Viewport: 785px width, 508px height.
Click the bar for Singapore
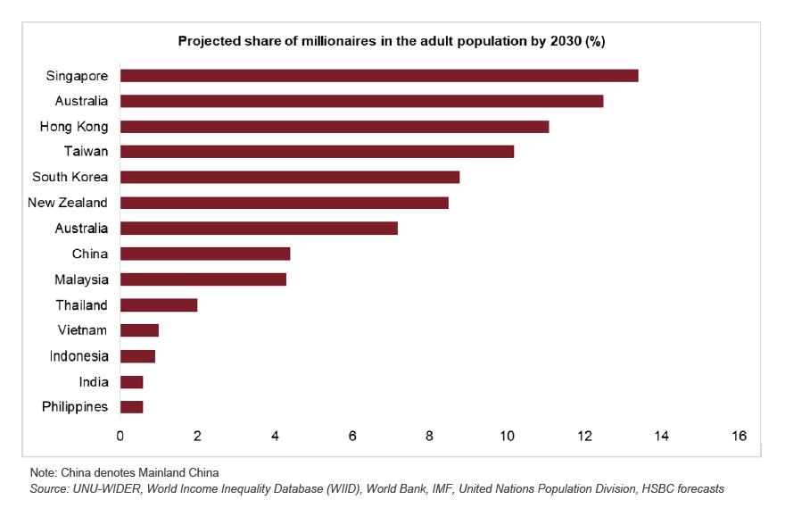379,76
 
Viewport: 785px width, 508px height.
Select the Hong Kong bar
335,127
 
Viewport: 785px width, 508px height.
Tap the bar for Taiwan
317,152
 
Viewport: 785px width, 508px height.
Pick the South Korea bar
290,177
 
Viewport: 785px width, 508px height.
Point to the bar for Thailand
159,305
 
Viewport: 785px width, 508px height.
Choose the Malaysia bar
203,279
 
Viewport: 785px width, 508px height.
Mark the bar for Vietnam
139,330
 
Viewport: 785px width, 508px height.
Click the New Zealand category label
68,203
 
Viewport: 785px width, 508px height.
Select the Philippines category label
75,407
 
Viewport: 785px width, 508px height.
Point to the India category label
93,382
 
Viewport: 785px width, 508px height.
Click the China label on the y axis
89,254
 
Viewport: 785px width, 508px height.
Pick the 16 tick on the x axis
739,436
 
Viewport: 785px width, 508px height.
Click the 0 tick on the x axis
120,436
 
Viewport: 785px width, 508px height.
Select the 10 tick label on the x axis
507,436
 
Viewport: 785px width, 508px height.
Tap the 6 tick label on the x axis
352,436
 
